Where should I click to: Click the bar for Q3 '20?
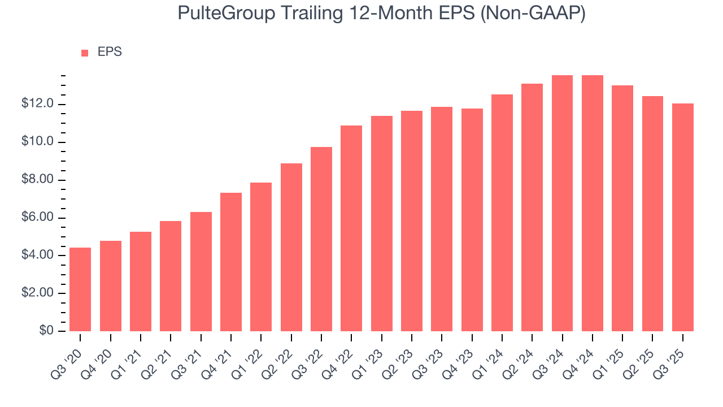80,289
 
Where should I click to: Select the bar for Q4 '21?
231,262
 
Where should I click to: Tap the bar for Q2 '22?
291,247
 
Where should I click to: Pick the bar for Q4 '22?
351,228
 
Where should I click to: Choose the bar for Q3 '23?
442,219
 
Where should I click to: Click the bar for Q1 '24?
502,213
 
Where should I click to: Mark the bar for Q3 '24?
562,203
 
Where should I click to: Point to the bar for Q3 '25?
682,217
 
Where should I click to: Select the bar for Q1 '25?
622,208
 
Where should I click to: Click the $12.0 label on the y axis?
38,104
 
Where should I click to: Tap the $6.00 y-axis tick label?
38,218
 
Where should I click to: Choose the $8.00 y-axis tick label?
38,180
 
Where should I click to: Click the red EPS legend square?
85,53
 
